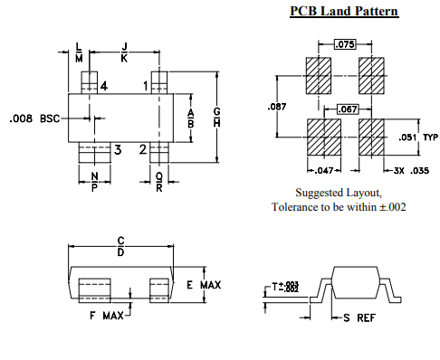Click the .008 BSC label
[33, 118]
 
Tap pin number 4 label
[105, 86]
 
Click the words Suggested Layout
[338, 193]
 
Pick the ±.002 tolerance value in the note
[390, 207]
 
